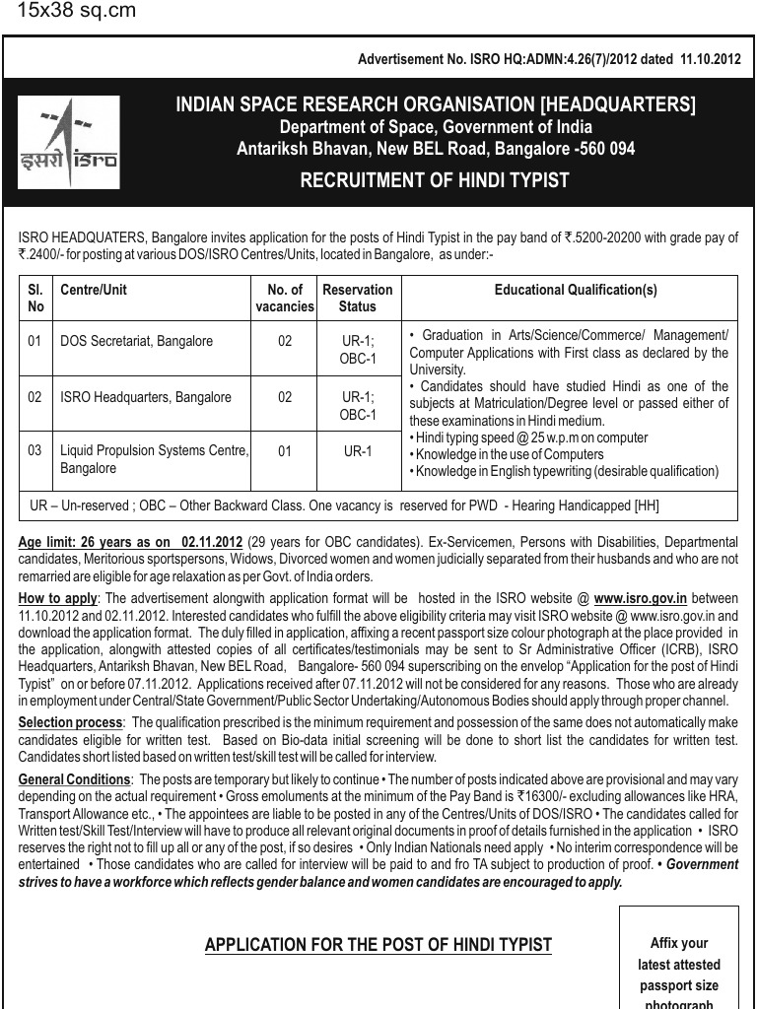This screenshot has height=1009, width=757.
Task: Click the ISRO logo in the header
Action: tap(69, 142)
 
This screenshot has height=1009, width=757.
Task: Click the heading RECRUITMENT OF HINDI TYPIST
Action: tap(435, 180)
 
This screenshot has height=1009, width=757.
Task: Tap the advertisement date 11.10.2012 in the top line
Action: tap(710, 59)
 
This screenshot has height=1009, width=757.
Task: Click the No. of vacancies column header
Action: tap(285, 298)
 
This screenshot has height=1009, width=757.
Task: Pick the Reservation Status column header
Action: tap(358, 298)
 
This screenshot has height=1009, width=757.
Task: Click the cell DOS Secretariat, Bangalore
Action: tap(137, 341)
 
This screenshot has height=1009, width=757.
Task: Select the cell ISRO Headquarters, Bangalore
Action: tap(146, 397)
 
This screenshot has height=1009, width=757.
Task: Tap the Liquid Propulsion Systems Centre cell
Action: tap(155, 459)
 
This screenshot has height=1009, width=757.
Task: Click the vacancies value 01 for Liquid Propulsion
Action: tap(285, 451)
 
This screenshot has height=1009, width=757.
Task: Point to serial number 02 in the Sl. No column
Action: tap(35, 397)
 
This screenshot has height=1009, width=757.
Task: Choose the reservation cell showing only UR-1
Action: tap(358, 451)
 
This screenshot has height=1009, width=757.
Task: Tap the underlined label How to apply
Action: tap(57, 599)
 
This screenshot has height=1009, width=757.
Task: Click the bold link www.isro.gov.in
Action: tap(641, 599)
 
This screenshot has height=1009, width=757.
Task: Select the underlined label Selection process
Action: tap(70, 722)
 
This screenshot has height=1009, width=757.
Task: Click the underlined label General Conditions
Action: tap(74, 779)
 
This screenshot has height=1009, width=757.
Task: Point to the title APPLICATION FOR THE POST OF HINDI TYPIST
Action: tap(378, 946)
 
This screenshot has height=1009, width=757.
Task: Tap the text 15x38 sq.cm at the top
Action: tap(77, 12)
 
